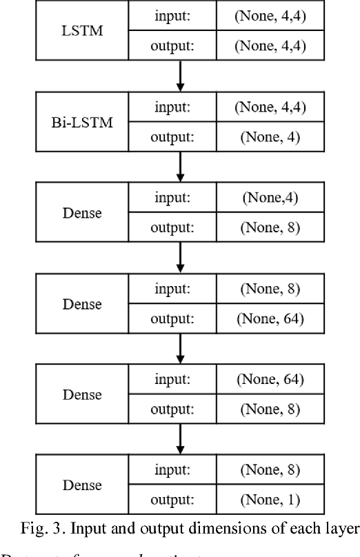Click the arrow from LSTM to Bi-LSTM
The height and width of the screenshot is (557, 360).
[x=181, y=76]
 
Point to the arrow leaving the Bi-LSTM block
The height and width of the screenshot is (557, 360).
[x=181, y=166]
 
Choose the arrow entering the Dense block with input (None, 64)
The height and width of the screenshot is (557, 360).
[x=181, y=348]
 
